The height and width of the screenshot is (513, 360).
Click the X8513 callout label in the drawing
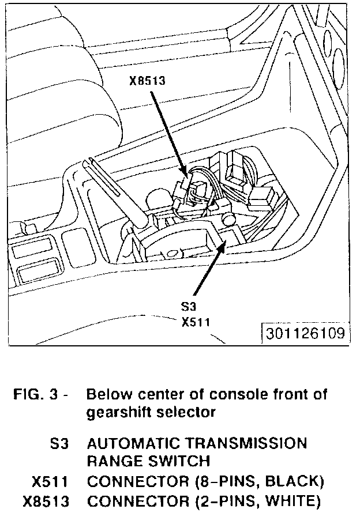coord(147,81)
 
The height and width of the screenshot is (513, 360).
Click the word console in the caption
coord(237,395)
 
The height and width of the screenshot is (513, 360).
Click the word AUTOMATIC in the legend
coord(129,444)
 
